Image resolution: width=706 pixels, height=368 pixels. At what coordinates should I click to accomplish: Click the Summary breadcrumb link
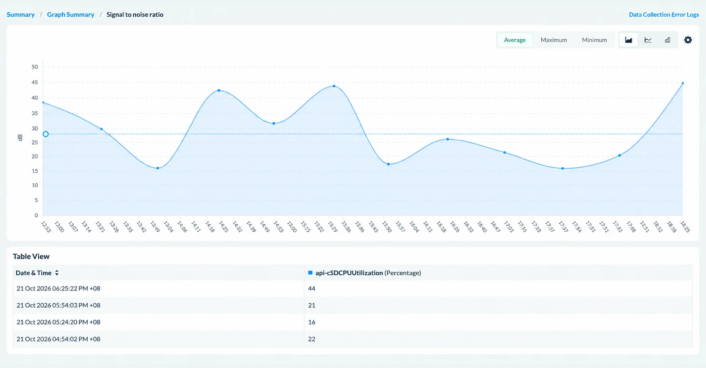point(21,15)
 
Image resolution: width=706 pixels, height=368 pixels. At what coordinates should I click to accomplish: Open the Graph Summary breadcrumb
point(71,15)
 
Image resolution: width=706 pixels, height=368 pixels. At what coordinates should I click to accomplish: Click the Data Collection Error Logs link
point(664,15)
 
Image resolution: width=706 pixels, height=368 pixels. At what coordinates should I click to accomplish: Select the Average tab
point(515,40)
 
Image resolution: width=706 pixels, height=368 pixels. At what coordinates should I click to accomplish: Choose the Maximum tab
point(554,40)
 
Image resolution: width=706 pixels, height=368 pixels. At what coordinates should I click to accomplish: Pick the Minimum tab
point(594,40)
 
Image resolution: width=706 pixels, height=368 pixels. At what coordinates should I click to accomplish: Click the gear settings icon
point(688,40)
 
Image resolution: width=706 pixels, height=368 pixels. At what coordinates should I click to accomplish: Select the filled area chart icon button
point(629,40)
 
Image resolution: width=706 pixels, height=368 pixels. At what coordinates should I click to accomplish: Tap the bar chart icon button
point(668,40)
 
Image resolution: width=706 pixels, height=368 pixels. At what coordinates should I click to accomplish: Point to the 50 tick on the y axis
point(35,67)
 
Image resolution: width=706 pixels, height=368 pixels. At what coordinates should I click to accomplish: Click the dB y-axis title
point(20,138)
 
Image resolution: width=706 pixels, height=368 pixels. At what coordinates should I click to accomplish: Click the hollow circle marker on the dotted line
point(46,134)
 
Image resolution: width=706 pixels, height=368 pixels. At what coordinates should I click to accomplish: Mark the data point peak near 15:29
point(334,86)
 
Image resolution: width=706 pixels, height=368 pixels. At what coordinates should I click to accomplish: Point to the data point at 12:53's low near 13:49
point(158,168)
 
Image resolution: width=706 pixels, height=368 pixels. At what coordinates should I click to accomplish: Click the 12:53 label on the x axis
point(46,227)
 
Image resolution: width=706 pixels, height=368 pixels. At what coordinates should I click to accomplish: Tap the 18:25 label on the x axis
point(685,227)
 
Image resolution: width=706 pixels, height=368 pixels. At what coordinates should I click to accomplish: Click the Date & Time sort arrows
point(57,273)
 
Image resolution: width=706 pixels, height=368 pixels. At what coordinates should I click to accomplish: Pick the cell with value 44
point(312,288)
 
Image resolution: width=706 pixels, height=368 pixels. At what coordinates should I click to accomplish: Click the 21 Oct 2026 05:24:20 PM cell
point(58,322)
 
